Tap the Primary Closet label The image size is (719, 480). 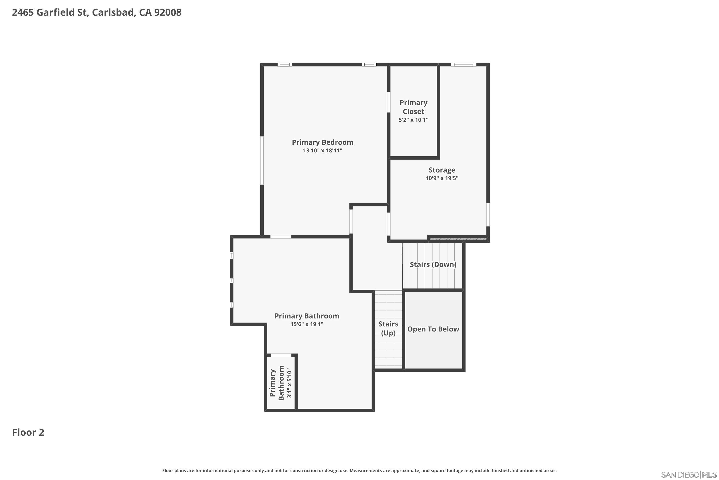click(413, 107)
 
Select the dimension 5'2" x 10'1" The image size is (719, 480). click(413, 120)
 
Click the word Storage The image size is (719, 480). click(442, 170)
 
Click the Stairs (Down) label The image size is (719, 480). click(433, 264)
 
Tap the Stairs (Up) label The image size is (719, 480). click(388, 329)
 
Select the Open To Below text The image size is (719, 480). click(433, 329)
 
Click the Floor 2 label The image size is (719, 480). click(28, 432)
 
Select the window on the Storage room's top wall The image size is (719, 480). click(464, 65)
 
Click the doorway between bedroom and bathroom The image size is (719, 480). click(281, 237)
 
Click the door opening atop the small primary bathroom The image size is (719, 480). click(281, 355)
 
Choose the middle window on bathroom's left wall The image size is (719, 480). click(232, 280)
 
